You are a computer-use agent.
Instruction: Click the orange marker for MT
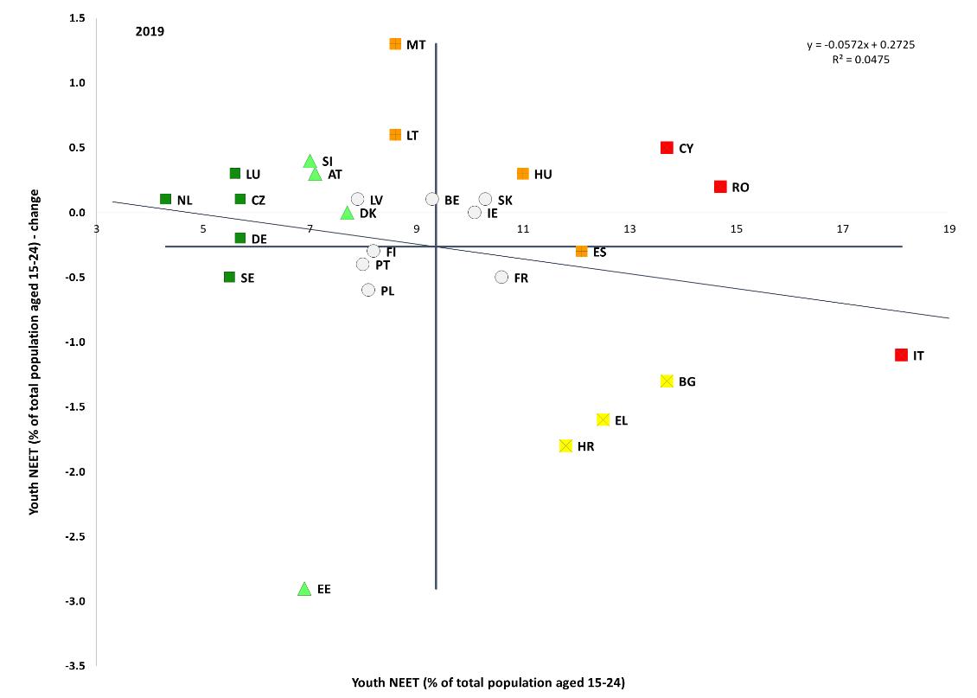(x=395, y=44)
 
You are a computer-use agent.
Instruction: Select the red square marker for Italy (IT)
(x=901, y=355)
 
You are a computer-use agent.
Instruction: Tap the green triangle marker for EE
(x=304, y=589)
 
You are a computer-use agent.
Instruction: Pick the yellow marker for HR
(x=565, y=446)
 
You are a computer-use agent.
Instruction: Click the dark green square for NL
(x=166, y=199)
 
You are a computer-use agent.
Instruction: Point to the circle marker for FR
(x=501, y=278)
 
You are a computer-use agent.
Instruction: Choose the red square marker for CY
(x=667, y=148)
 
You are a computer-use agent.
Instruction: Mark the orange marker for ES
(x=582, y=252)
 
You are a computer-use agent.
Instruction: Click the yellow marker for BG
(x=667, y=381)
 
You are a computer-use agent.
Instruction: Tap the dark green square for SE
(x=229, y=278)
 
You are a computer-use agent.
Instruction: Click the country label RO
(x=740, y=188)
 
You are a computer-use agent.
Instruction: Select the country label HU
(x=543, y=175)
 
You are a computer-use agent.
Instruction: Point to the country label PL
(x=387, y=291)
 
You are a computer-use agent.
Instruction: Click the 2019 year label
(x=150, y=32)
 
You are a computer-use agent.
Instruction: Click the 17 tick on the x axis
(x=842, y=228)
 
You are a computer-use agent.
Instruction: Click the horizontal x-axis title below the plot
(x=488, y=682)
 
